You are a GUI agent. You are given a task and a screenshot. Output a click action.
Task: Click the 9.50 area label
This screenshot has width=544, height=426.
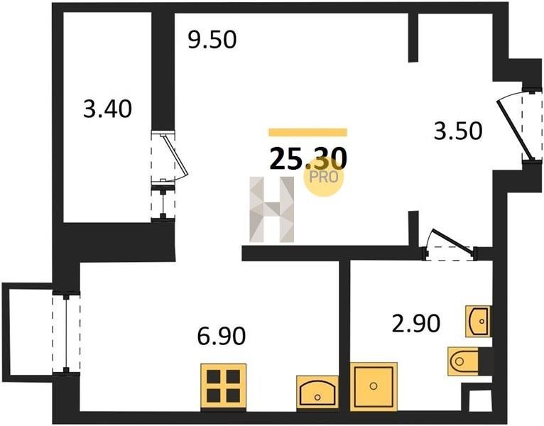(x=212, y=39)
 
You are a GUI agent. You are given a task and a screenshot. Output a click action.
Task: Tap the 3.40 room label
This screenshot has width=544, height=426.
(x=107, y=109)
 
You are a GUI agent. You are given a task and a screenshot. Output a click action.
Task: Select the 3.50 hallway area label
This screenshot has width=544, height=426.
(x=458, y=131)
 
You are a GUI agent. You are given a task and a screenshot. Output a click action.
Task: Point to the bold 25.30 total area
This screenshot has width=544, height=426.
(x=308, y=158)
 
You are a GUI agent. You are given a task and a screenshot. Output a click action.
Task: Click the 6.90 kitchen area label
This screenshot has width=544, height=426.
(x=222, y=335)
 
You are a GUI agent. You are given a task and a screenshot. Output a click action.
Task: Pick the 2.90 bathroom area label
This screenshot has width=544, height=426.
(x=416, y=323)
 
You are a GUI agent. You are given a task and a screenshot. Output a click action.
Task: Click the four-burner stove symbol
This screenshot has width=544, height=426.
(x=224, y=386)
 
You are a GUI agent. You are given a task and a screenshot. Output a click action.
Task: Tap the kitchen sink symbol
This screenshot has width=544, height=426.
(x=317, y=392)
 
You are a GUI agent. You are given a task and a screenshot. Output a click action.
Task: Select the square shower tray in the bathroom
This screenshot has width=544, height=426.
(x=374, y=386)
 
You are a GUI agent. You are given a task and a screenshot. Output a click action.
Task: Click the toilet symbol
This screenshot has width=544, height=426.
(x=463, y=361)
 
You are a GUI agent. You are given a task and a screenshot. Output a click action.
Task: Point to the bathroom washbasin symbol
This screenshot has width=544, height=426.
(x=478, y=321)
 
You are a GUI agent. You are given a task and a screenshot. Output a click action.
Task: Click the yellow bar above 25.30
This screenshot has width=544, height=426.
(x=308, y=132)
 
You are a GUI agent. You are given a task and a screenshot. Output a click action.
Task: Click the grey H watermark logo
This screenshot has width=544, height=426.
(x=272, y=209)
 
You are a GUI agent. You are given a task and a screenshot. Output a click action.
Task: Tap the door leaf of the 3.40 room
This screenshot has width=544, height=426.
(x=175, y=155)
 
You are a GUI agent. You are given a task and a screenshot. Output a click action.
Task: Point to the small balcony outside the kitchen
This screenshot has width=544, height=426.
(x=27, y=332)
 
